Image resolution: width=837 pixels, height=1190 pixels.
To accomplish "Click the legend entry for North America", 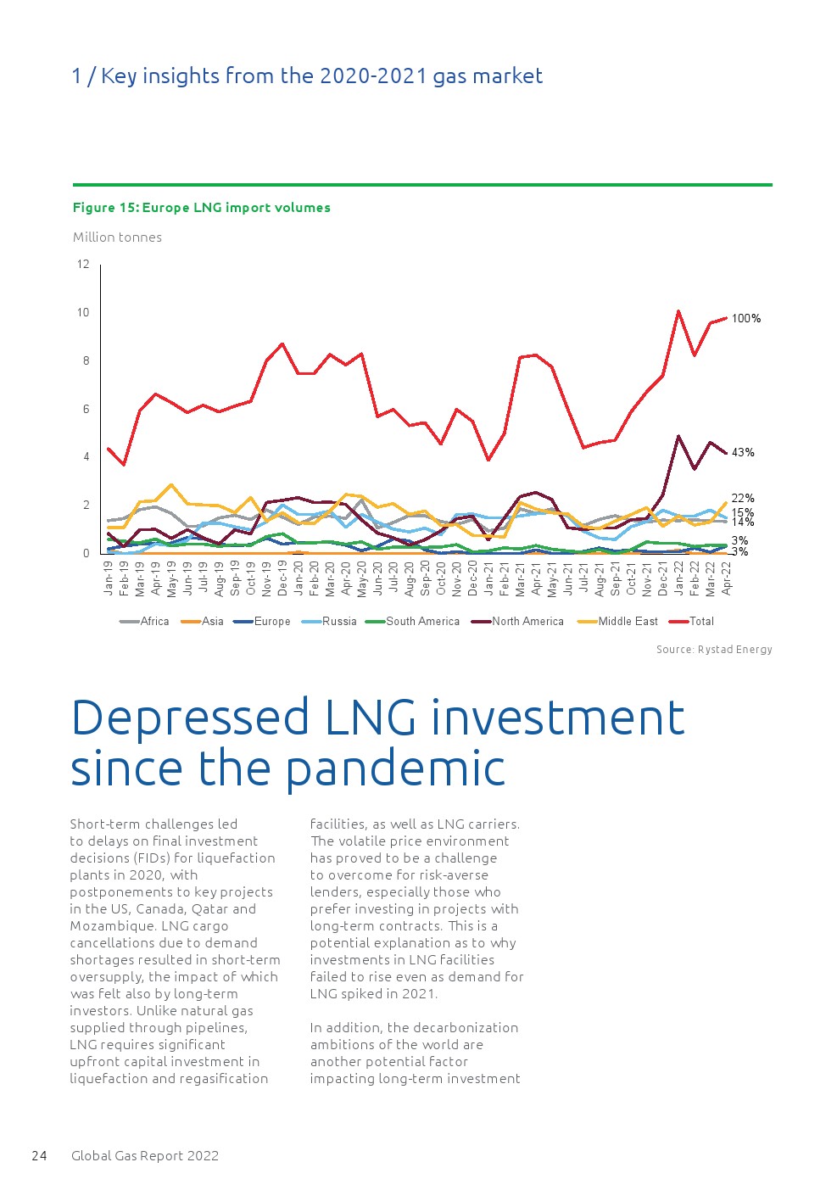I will click(527, 621).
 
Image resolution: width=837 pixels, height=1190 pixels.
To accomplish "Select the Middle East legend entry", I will click(628, 621).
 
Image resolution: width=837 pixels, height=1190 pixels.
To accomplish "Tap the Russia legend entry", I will click(339, 621).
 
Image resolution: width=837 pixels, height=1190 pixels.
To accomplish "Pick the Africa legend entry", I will click(154, 621).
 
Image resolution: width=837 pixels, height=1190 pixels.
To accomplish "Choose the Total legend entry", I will click(701, 621).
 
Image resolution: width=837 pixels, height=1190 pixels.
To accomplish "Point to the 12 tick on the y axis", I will click(83, 264).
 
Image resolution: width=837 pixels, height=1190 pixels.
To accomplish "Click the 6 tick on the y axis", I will click(84, 409).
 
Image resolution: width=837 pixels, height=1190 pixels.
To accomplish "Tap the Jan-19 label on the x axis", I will click(109, 578).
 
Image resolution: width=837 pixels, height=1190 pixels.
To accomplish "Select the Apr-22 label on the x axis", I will click(727, 578).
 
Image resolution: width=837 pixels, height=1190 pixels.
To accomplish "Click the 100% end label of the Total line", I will click(746, 318).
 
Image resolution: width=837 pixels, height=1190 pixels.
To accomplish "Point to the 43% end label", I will click(743, 452).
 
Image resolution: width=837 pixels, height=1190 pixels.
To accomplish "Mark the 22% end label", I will click(743, 498).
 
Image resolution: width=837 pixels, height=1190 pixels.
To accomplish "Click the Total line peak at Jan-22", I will click(678, 310).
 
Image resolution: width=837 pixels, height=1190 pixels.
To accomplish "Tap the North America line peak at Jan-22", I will click(678, 436).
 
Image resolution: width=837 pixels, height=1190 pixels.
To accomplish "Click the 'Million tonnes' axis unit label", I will click(117, 237).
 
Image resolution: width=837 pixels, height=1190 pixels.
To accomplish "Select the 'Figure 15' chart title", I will click(202, 208).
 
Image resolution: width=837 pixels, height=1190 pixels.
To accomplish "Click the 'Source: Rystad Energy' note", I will click(714, 649).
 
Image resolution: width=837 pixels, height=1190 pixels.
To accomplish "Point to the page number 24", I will click(39, 1155).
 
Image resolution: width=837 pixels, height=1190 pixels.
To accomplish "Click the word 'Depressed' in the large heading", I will click(191, 717).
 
